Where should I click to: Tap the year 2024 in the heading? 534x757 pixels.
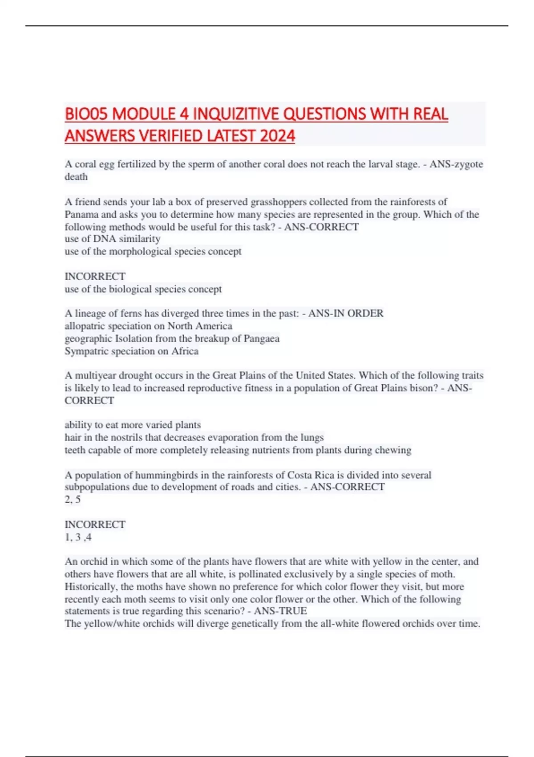coord(277,135)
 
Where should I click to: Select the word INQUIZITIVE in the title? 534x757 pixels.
coord(236,114)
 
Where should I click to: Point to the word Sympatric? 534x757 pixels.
coord(85,351)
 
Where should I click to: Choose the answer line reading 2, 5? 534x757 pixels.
coord(73,499)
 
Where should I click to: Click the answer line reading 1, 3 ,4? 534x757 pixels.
coord(78,537)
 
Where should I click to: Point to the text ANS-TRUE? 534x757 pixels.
coord(280,610)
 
